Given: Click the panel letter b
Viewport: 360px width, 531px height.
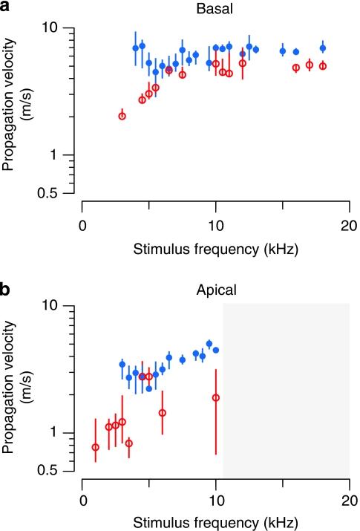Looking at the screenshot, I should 6,288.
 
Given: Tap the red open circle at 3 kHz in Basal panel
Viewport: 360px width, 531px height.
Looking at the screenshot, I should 122,116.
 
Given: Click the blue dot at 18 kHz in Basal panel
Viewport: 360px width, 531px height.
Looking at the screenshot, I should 323,48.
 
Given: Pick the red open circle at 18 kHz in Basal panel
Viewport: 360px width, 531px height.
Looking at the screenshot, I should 323,66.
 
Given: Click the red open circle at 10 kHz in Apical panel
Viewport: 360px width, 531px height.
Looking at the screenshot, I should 216,397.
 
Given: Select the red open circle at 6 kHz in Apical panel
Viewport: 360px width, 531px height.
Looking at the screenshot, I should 163,413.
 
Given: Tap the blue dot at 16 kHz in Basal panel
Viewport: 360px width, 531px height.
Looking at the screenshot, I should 296,52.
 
